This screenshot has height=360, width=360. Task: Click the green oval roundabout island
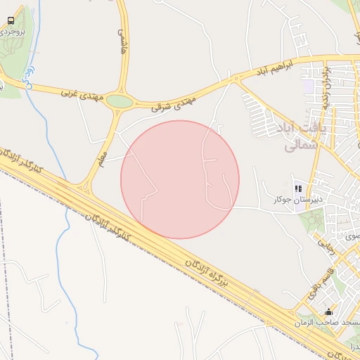tap(120, 101)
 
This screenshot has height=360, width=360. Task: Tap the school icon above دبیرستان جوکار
tap(298, 188)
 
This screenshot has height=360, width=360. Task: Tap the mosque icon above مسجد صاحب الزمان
tap(328, 311)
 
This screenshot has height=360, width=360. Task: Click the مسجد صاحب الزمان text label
tap(328, 322)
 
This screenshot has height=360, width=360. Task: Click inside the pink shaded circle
tap(180, 179)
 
